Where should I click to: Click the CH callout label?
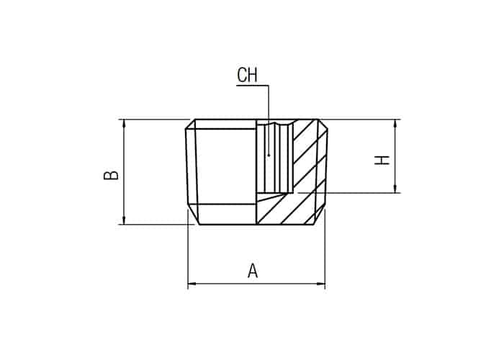click(x=247, y=75)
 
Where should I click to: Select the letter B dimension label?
click(x=111, y=175)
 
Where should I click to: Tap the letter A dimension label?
click(x=253, y=270)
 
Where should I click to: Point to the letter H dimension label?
click(x=382, y=160)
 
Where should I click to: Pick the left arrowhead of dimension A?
click(x=192, y=284)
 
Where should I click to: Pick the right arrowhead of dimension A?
click(x=320, y=284)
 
